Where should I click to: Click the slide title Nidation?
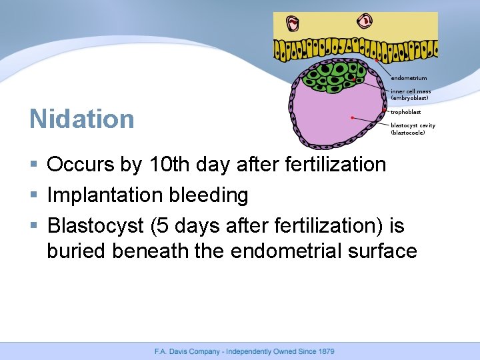(x=82, y=119)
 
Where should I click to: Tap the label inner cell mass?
(x=411, y=91)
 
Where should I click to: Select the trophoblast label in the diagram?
(x=406, y=112)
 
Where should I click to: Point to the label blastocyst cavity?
(x=413, y=125)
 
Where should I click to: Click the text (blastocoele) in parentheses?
(x=408, y=132)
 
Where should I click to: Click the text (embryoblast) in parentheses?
(x=409, y=98)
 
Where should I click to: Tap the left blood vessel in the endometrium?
(x=293, y=23)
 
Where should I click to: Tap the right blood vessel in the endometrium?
(x=365, y=21)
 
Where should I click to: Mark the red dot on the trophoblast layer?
(x=387, y=110)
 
